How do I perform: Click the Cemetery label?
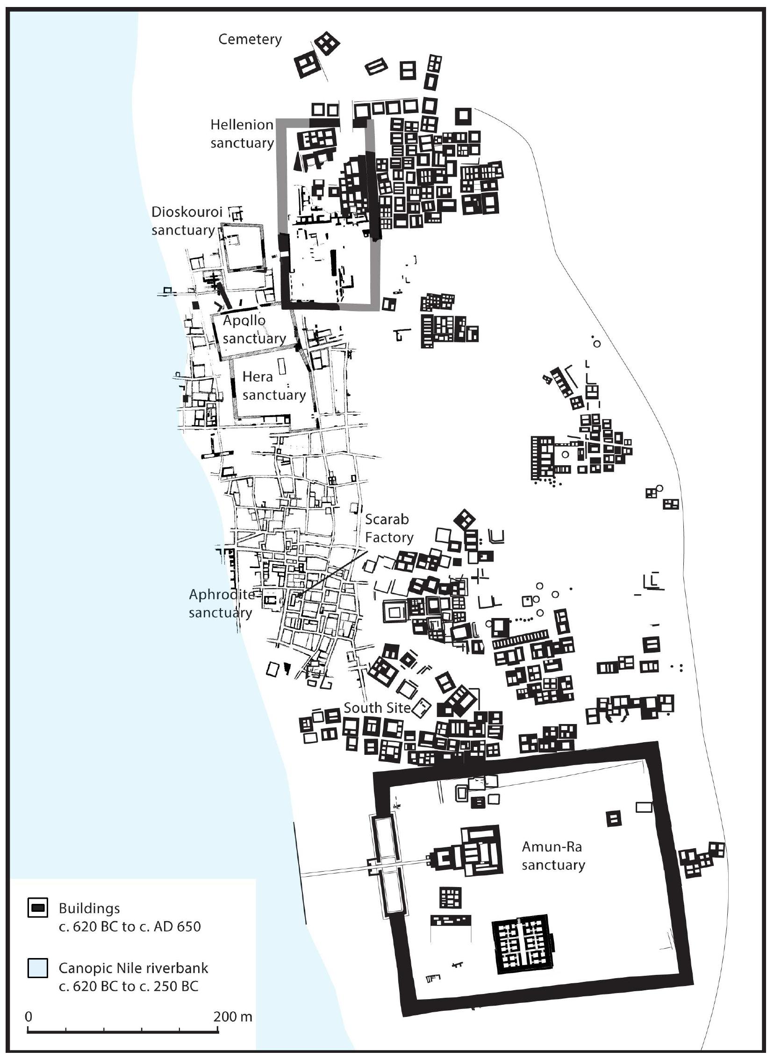point(250,39)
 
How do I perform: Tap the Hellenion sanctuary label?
point(242,134)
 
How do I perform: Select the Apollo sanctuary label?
point(254,329)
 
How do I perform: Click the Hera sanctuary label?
point(273,386)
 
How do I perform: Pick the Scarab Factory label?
point(389,528)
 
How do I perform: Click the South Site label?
point(377,708)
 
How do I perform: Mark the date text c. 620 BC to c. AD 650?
point(129,926)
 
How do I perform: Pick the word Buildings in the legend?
point(89,909)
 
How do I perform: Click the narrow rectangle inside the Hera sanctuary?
point(281,365)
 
